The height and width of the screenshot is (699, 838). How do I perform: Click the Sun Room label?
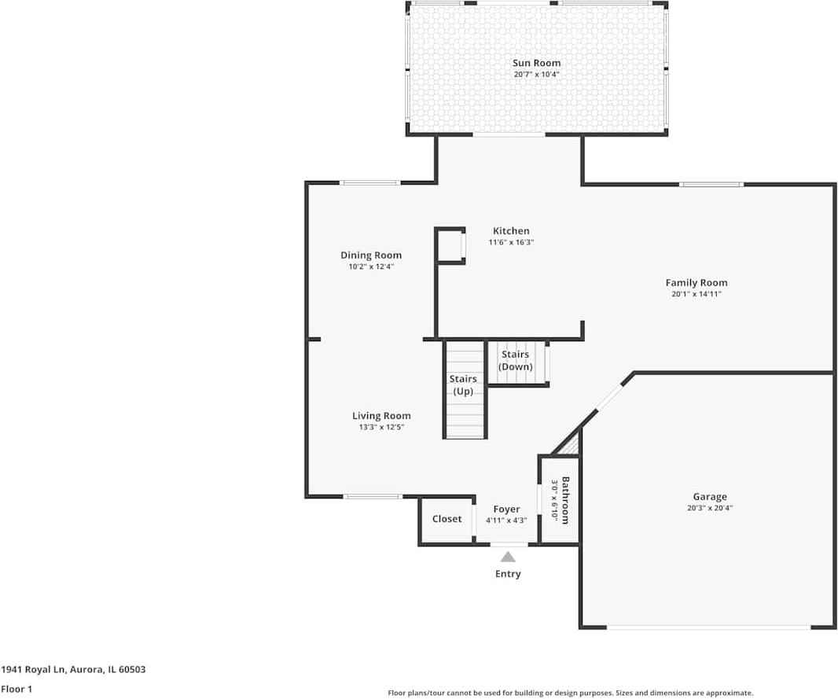(537, 63)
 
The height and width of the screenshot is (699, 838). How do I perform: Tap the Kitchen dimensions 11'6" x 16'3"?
(512, 242)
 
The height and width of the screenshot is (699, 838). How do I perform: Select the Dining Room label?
(371, 256)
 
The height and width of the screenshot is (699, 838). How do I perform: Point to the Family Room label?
(696, 283)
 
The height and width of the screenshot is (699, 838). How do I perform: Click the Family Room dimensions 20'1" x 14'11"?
(696, 294)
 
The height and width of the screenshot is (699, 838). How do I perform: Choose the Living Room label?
(381, 416)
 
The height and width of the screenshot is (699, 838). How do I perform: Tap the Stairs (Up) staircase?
(465, 389)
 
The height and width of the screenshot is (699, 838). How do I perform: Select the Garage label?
(710, 496)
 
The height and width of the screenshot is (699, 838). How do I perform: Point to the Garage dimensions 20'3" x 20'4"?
(710, 508)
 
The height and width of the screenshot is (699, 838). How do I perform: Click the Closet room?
(447, 520)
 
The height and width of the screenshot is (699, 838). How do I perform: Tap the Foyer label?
(506, 510)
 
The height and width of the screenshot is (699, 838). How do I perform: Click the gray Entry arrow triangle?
(508, 557)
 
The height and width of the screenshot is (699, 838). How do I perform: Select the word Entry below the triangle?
(508, 574)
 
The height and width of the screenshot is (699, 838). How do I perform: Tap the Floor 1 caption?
(17, 689)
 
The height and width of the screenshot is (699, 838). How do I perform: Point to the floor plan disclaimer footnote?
(570, 693)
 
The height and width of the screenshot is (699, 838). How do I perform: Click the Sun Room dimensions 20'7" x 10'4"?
(537, 74)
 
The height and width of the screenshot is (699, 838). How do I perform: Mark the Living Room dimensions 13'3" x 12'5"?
(381, 427)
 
